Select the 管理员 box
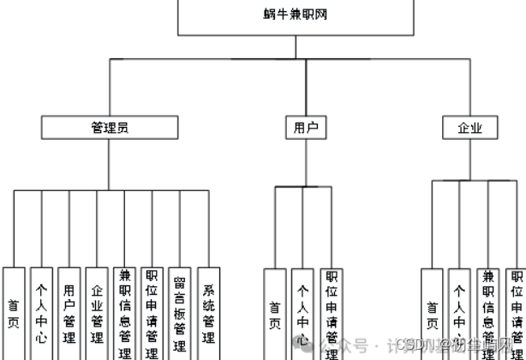pyautogui.click(x=110, y=128)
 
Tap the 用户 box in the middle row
pyautogui.click(x=306, y=128)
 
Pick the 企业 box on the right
pyautogui.click(x=470, y=128)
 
